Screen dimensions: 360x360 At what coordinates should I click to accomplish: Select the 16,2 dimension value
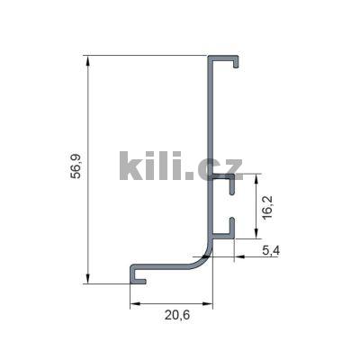click(x=267, y=207)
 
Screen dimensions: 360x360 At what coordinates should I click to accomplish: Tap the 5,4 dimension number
click(x=271, y=250)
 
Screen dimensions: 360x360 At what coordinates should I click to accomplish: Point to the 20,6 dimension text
click(x=177, y=315)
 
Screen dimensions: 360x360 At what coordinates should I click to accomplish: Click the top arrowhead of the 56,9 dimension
click(x=88, y=61)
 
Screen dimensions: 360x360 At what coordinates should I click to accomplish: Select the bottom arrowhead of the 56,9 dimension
click(x=88, y=278)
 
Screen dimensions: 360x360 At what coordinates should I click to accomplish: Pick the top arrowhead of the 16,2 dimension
click(x=256, y=179)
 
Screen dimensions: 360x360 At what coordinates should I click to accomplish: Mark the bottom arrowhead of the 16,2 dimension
click(x=256, y=233)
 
